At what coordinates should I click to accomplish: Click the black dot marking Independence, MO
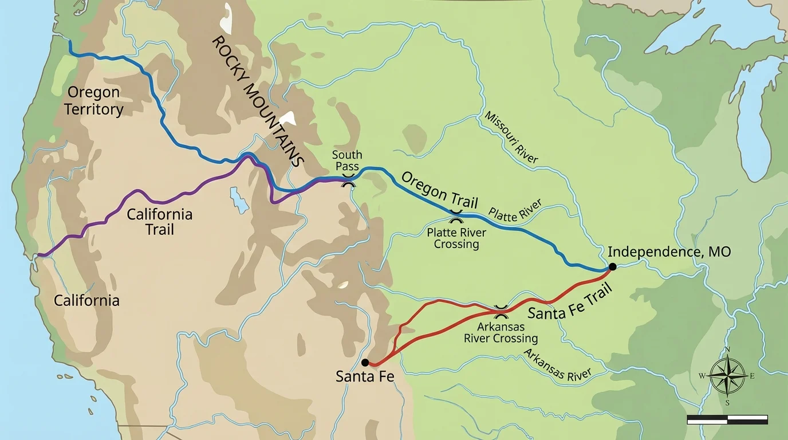point(612,266)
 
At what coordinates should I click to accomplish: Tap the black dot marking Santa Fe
point(365,363)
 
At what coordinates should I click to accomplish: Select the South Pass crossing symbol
point(348,182)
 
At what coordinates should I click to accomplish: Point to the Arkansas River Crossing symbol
point(501,312)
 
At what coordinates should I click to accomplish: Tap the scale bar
point(727,420)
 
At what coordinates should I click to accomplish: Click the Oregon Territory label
point(93,101)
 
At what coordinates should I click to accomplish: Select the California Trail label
point(159,222)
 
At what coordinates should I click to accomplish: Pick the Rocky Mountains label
point(257,101)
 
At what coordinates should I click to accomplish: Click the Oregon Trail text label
point(440,190)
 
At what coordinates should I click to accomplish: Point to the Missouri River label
point(511,137)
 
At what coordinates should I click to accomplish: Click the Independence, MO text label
point(669,252)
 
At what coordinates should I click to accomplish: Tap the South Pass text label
point(347,160)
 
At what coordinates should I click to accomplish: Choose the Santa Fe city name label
point(365,376)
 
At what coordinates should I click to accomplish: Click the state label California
point(86,300)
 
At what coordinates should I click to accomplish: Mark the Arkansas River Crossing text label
point(501,332)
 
